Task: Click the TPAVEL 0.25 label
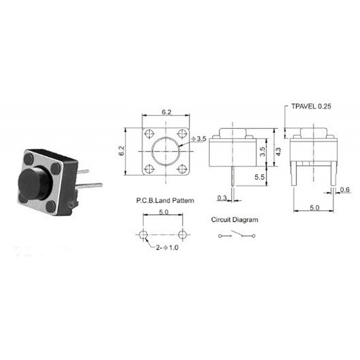[311, 107]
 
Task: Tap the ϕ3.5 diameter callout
[198, 139]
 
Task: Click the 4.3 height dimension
[279, 152]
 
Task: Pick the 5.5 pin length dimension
[259, 177]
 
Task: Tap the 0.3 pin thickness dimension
[222, 198]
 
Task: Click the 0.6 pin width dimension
[346, 189]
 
